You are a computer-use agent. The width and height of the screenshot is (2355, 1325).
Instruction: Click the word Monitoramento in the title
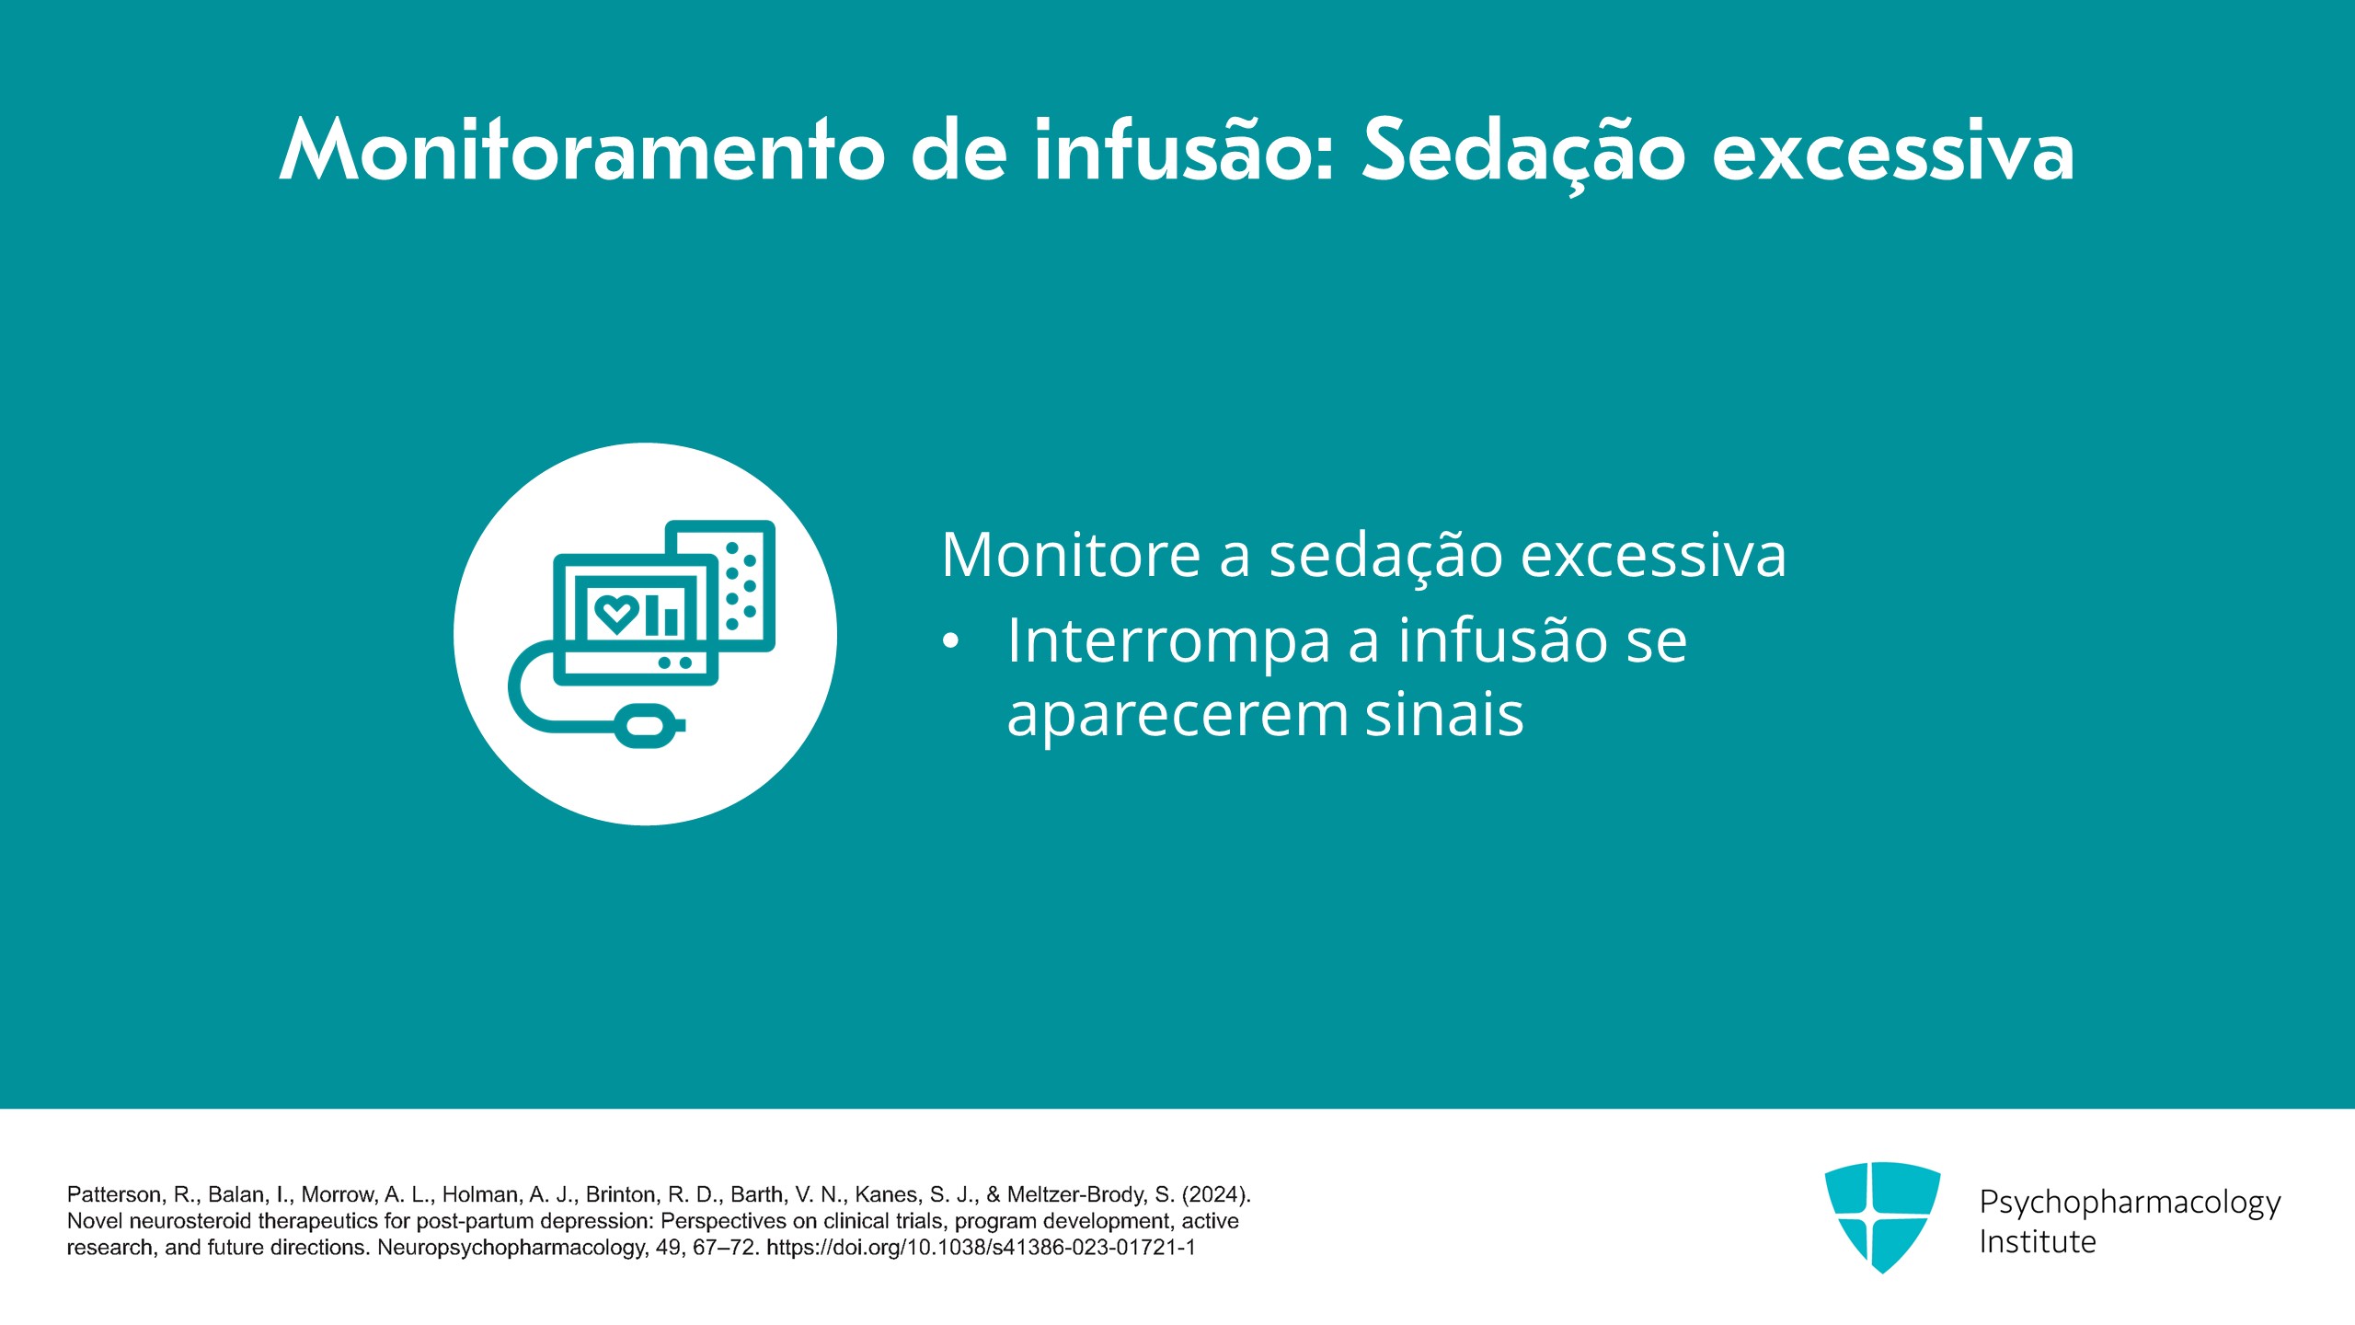click(x=582, y=149)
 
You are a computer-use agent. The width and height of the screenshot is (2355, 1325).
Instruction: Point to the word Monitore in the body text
click(x=1071, y=555)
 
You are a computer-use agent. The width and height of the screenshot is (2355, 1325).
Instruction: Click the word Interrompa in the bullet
click(x=1168, y=641)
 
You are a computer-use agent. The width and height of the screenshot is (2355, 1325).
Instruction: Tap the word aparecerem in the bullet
click(x=1177, y=717)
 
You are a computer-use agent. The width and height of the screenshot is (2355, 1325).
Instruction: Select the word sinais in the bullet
click(x=1444, y=714)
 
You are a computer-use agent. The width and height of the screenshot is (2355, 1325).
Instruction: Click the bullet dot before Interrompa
click(x=951, y=643)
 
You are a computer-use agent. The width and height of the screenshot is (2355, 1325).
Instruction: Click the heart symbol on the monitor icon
click(x=616, y=613)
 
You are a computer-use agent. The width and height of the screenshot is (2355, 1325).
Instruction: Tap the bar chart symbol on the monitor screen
click(x=661, y=615)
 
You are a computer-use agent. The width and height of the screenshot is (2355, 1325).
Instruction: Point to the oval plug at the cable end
click(x=649, y=725)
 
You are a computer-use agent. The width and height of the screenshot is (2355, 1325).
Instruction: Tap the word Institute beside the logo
click(x=2038, y=1242)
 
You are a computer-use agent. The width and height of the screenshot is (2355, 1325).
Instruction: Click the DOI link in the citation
click(x=981, y=1248)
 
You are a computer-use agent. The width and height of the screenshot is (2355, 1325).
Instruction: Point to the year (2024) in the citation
click(x=1216, y=1194)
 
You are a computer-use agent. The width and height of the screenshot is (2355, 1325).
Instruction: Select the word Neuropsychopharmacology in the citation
click(x=512, y=1248)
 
